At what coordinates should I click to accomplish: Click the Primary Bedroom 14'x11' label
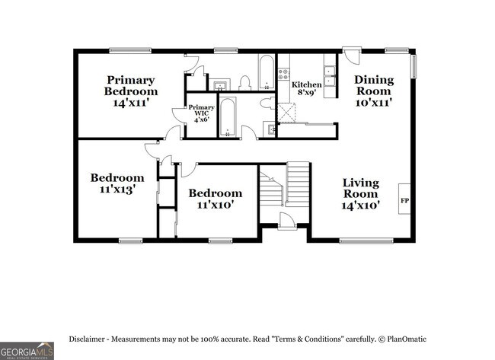(x=131, y=91)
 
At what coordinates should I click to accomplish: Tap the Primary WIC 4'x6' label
(x=202, y=113)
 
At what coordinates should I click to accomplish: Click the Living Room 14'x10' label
(x=360, y=193)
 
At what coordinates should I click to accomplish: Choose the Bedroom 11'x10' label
(x=216, y=199)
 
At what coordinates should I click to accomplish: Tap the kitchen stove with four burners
(x=284, y=74)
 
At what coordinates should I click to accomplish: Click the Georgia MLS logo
(x=27, y=350)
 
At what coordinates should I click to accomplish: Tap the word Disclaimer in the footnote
(x=90, y=339)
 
